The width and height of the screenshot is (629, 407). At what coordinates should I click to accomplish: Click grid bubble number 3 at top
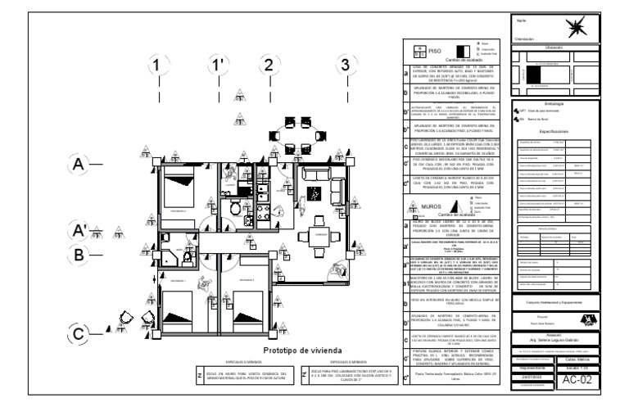click(346, 65)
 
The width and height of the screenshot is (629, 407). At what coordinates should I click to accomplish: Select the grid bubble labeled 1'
click(217, 65)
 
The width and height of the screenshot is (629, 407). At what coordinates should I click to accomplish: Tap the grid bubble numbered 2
click(267, 65)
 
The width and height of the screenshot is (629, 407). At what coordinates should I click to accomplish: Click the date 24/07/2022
click(532, 376)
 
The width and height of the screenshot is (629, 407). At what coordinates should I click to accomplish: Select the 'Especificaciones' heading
click(559, 130)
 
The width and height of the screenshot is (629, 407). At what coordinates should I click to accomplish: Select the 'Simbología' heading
click(559, 103)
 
